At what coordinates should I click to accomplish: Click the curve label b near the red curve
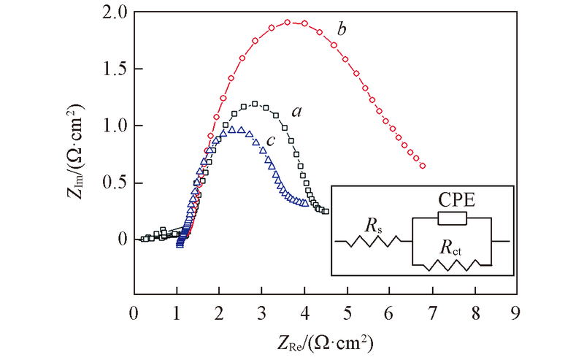coord(341,30)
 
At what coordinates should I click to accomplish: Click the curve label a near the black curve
coord(297,112)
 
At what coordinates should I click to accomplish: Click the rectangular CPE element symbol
coord(452,218)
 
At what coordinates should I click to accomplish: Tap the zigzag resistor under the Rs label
coord(376,240)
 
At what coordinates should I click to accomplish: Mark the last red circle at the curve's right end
coord(422,166)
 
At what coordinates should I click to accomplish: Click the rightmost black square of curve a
coord(326,212)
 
